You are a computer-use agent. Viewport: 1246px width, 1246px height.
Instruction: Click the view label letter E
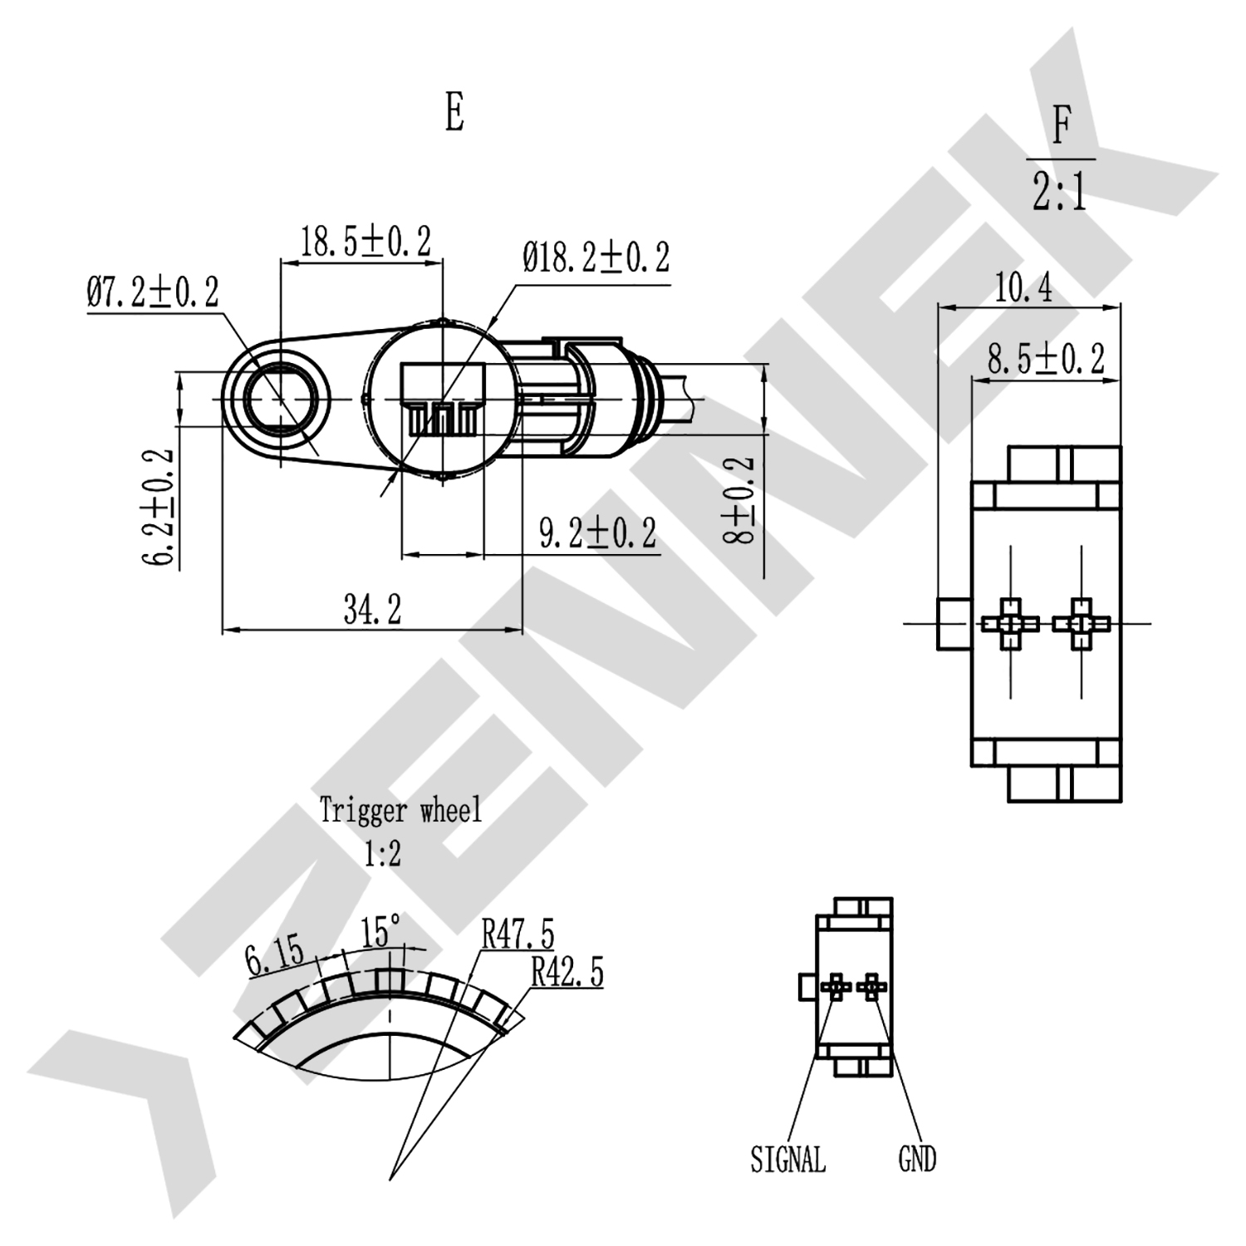[x=454, y=112]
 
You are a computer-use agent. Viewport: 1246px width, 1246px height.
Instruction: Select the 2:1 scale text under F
[x=1060, y=192]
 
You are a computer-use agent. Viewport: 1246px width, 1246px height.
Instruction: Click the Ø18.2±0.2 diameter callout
[x=596, y=257]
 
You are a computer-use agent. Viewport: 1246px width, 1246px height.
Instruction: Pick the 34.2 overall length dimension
[x=372, y=611]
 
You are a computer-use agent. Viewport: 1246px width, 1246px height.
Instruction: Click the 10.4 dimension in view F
[x=1023, y=288]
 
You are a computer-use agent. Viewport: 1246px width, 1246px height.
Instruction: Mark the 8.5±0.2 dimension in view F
[x=1046, y=359]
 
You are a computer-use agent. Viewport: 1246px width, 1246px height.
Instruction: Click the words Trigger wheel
[x=400, y=810]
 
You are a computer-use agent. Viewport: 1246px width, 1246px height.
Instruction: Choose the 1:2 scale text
[x=382, y=853]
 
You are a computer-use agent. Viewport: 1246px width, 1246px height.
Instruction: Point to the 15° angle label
[x=381, y=932]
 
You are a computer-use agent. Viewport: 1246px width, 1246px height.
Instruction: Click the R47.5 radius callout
[x=518, y=934]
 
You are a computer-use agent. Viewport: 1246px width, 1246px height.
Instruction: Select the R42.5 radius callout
[x=567, y=971]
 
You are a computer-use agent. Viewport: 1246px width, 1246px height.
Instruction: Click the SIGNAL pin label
[x=787, y=1159]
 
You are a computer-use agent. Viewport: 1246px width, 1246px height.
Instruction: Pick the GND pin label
[x=917, y=1159]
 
